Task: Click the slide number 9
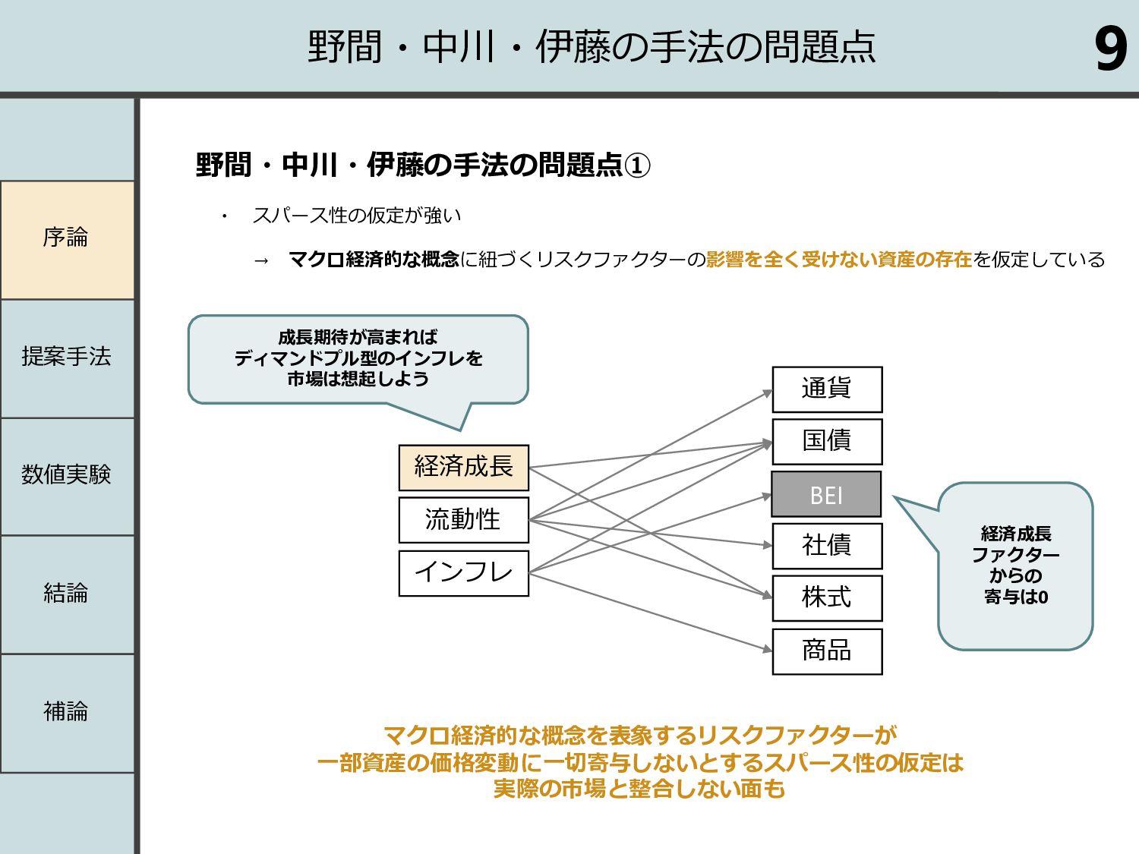pos(1111,49)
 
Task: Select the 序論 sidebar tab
pos(67,240)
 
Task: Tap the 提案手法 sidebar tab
pos(67,358)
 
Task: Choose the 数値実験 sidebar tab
pos(67,477)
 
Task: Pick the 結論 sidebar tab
pos(67,594)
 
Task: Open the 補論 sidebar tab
pos(67,713)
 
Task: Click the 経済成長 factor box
pos(464,467)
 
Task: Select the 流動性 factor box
pos(464,520)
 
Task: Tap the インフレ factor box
pos(464,573)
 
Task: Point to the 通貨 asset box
pos(827,389)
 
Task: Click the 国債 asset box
pos(827,442)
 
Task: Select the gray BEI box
pos(826,494)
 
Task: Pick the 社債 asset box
pos(827,546)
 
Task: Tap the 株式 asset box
pos(827,598)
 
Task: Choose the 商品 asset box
pos(827,651)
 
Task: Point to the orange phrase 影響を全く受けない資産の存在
pos(838,260)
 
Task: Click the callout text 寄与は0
pos(1016,597)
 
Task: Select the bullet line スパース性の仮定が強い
pos(356,215)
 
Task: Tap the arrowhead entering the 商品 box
pos(768,649)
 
